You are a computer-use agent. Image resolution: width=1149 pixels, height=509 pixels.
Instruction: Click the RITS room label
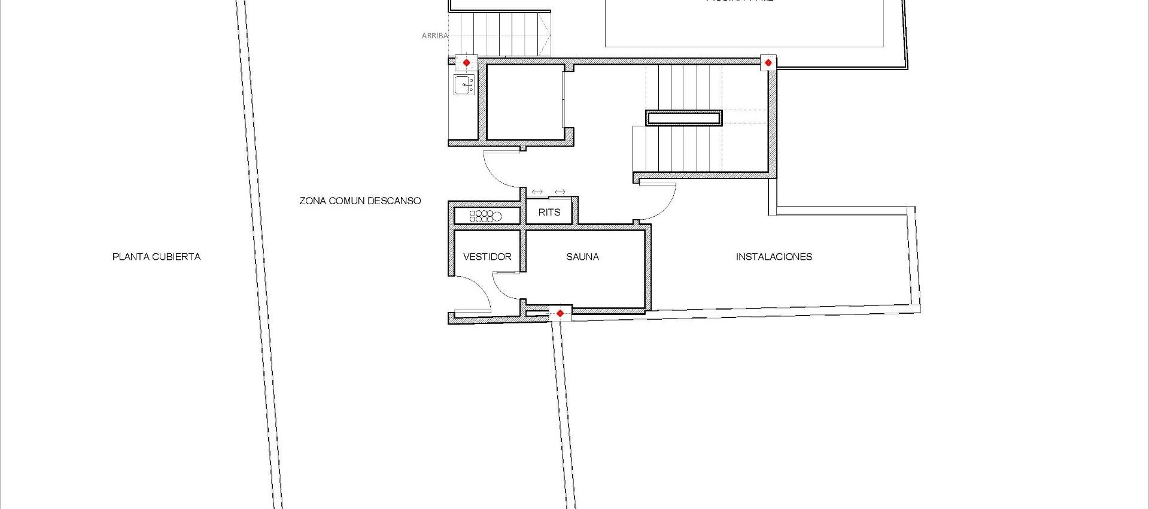(x=549, y=212)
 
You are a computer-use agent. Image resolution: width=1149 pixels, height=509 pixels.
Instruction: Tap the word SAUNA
(x=582, y=257)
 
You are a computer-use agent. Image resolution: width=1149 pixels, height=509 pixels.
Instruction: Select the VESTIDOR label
(x=487, y=257)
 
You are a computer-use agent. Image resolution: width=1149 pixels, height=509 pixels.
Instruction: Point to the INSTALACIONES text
(x=774, y=257)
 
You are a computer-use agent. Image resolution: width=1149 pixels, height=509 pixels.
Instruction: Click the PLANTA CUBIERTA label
(x=156, y=257)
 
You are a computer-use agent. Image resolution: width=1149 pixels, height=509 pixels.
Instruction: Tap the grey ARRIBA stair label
(x=434, y=36)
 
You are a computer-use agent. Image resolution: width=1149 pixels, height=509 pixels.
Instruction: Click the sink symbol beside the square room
(x=464, y=86)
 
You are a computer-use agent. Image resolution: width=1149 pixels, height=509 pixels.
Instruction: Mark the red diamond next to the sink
(x=466, y=62)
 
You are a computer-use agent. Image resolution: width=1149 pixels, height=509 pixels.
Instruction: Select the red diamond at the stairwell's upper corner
(x=768, y=62)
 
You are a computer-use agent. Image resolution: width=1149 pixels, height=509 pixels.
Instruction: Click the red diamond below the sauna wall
(x=560, y=313)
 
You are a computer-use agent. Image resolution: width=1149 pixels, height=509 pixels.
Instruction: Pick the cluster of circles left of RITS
(x=485, y=216)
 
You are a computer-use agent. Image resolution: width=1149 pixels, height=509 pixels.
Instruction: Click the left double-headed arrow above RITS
(x=537, y=192)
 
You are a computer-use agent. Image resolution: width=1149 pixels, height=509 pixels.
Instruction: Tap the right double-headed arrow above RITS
(x=560, y=192)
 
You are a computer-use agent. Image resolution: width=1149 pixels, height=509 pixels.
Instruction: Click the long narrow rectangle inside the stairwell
(x=684, y=117)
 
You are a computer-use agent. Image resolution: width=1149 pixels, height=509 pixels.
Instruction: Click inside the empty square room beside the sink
(x=524, y=102)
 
